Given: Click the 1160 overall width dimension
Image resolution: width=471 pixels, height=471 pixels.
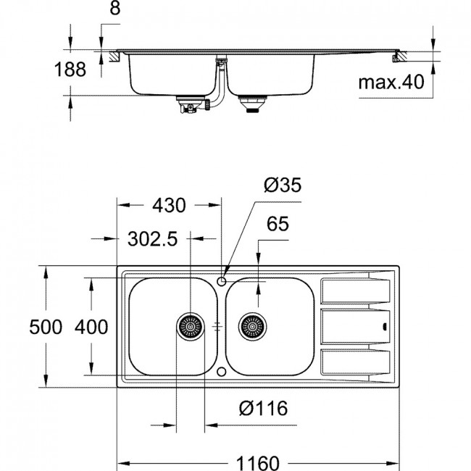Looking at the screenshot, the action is click(258, 463).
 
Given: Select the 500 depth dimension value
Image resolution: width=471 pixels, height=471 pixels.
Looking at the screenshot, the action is click(46, 327).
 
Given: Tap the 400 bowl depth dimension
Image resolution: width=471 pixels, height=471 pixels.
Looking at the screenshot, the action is click(91, 327).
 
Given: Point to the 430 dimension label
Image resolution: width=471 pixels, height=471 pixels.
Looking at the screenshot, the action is click(169, 206).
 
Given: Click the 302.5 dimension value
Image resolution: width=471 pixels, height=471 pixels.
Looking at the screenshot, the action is click(153, 239).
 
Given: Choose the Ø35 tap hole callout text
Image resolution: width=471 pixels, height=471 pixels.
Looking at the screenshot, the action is click(283, 185).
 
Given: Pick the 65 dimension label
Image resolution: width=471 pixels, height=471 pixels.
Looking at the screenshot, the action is click(278, 224).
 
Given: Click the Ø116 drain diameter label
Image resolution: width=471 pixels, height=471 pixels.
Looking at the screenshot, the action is click(263, 408).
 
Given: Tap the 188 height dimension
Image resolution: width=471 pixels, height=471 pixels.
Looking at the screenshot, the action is click(70, 69).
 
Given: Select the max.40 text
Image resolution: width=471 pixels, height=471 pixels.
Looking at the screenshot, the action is click(391, 82).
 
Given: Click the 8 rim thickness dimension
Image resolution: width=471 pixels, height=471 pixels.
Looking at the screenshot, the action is click(115, 9).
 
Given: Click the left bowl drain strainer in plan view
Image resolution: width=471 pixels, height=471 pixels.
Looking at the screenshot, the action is click(190, 327).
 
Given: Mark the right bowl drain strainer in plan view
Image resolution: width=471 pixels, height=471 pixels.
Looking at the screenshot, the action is click(252, 327).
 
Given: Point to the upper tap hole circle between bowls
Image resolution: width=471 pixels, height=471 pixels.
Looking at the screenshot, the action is click(222, 281).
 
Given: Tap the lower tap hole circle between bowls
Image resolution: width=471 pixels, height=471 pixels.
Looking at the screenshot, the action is click(222, 372).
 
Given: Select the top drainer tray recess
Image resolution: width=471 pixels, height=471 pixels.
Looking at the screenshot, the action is click(355, 291).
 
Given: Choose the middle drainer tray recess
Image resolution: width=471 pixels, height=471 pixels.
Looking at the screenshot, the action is click(355, 327).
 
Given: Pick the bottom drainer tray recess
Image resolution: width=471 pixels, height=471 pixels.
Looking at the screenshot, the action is click(355, 362).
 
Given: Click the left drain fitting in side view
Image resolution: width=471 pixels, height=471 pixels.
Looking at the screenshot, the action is click(190, 104).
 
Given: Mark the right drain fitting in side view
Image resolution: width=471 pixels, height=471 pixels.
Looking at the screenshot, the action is click(252, 104).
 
